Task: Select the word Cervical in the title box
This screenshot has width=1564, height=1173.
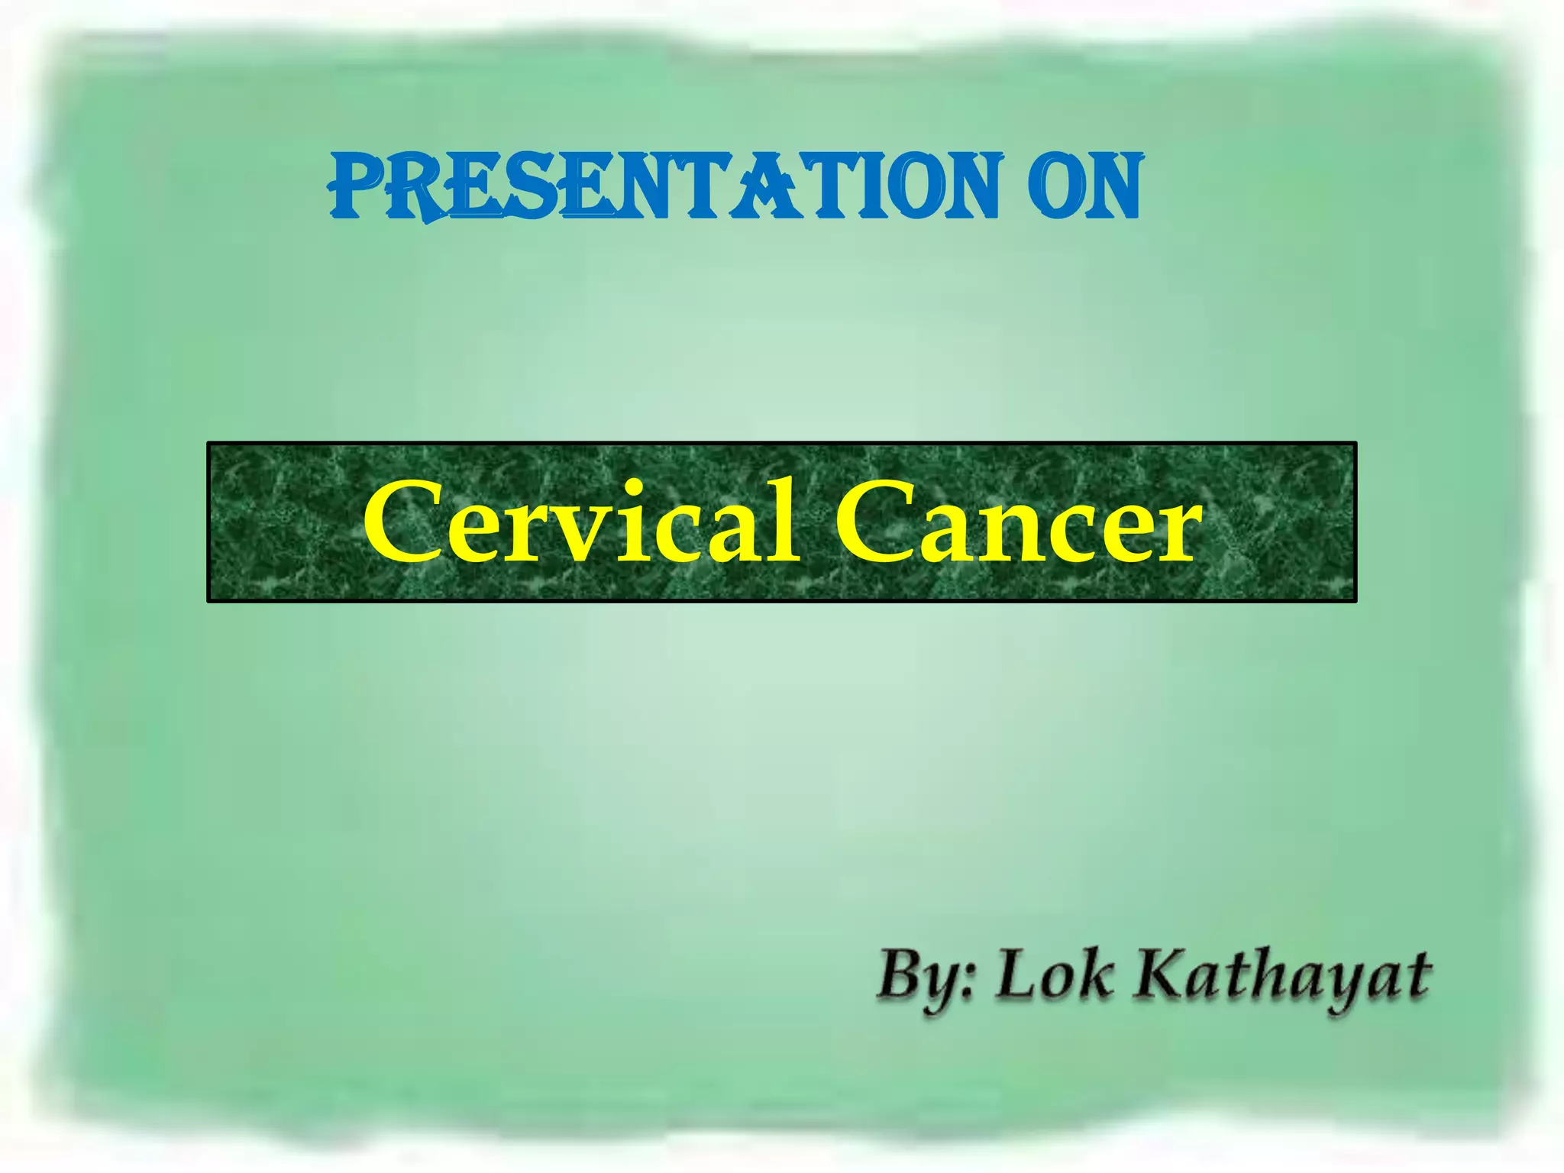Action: [580, 522]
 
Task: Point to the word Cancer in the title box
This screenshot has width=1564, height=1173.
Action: [1016, 524]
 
